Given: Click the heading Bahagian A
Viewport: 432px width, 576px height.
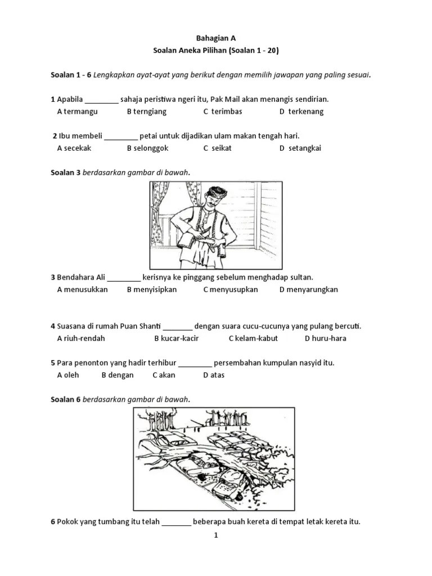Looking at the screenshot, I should [215, 38].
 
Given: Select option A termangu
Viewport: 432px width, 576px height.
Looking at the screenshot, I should [77, 111].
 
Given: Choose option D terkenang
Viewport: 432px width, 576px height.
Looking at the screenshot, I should [301, 111].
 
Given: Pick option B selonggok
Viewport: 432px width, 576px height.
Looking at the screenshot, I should [147, 148].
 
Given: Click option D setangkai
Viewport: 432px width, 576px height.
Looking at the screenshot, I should [301, 148].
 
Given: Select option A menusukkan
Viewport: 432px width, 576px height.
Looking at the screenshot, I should [82, 290].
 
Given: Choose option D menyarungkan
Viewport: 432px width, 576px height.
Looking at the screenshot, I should [308, 290].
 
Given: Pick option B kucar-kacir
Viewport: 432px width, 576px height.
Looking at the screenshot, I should [176, 339].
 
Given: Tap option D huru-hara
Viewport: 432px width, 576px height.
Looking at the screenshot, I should [325, 339].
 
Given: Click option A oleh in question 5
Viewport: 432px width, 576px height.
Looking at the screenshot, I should [68, 375].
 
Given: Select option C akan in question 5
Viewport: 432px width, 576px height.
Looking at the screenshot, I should [164, 375].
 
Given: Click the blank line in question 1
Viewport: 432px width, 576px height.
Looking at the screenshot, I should [102, 100].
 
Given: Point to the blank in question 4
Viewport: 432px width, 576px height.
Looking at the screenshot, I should [178, 327].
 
